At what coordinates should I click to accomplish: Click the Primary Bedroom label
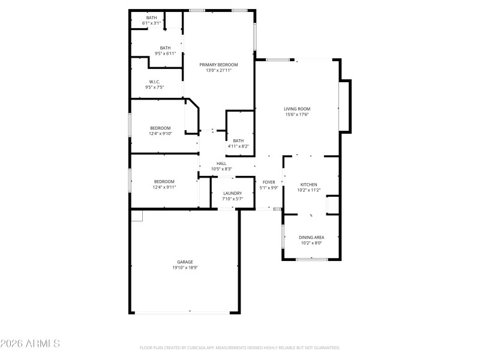pos(218,65)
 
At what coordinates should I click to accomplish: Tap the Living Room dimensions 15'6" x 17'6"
pos(297,115)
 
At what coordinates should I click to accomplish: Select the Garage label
pos(185,262)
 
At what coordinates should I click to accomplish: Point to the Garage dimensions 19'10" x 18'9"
pos(185,268)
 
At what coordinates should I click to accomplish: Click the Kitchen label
pos(309,185)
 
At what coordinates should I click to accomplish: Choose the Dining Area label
pos(311,238)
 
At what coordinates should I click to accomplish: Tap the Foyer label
pos(268,182)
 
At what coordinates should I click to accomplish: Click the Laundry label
pos(232,193)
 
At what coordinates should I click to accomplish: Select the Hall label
pos(221,163)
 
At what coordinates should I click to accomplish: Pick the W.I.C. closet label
pos(154,82)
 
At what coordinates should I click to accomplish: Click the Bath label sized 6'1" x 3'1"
pos(151,17)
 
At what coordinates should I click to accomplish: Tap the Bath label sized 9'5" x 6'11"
pos(165,48)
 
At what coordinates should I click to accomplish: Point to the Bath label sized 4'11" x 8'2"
pos(238,140)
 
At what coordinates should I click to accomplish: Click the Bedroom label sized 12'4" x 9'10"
pos(160,128)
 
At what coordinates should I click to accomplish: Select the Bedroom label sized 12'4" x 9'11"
pos(164,182)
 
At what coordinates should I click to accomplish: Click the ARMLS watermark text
pos(30,344)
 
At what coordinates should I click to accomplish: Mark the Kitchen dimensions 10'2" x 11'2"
pos(309,190)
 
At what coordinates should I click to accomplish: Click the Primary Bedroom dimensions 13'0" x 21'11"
pos(218,70)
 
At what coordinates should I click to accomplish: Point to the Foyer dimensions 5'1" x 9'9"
pos(268,187)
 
